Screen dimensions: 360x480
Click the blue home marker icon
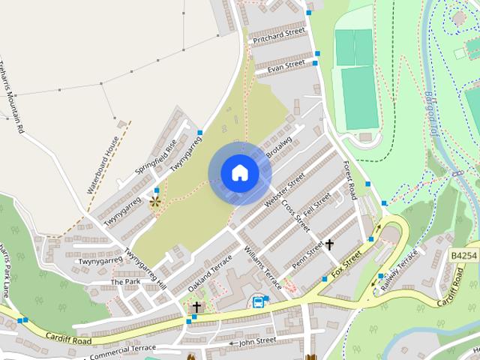239,173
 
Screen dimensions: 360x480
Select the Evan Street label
280,67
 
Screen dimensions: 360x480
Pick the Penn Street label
307,255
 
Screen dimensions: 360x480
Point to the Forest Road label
349,181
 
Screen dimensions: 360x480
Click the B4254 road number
465,256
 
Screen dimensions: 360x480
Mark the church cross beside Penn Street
328,244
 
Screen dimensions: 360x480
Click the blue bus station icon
258,303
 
